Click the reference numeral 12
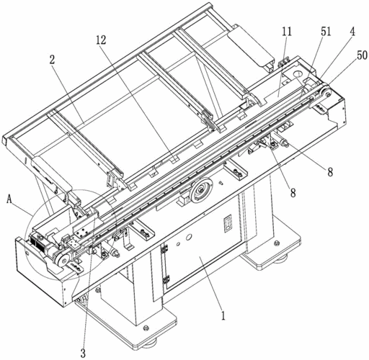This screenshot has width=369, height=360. (101, 40)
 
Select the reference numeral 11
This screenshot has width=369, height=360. (287, 32)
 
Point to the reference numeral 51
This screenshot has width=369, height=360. (326, 32)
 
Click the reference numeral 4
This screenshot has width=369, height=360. (352, 32)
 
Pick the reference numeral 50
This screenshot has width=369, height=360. (362, 55)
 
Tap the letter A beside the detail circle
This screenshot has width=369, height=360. (9, 199)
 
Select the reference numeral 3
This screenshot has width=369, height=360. (83, 354)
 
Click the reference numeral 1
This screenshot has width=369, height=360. (223, 316)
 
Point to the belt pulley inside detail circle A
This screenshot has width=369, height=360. (63, 260)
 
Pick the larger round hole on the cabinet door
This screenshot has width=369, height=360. (189, 237)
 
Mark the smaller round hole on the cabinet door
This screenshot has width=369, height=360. (178, 244)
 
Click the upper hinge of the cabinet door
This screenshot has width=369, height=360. (164, 249)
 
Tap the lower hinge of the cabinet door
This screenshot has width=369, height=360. (166, 279)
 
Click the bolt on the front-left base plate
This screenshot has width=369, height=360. (145, 328)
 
